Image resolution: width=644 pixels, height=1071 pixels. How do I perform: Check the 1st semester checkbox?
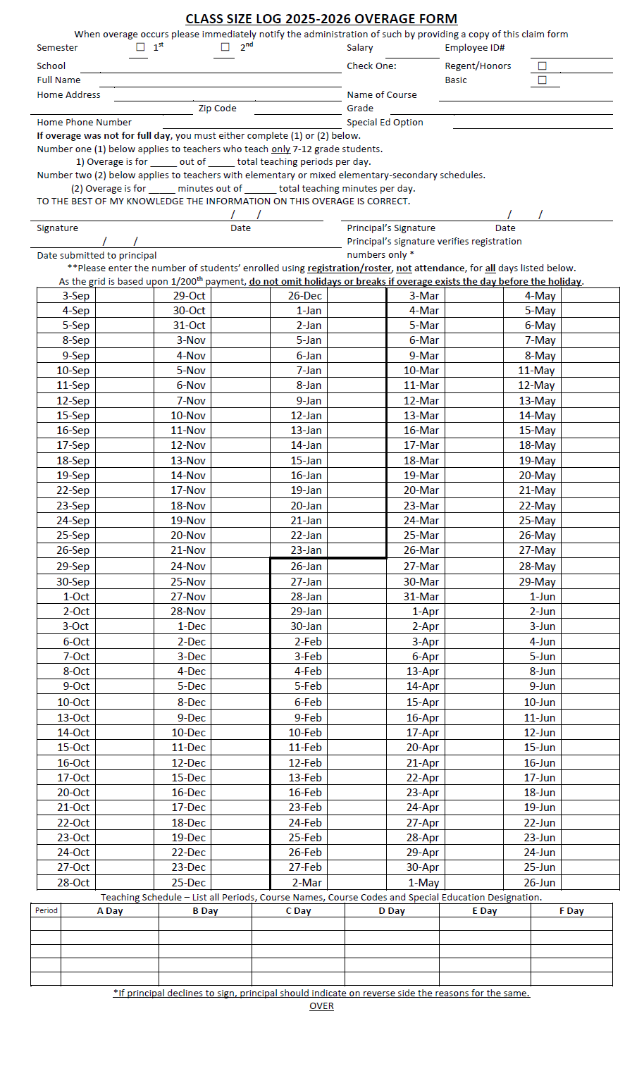pos(140,47)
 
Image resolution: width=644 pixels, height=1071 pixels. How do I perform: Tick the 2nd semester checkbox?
pos(225,47)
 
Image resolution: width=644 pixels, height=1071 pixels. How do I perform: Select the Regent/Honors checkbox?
pos(542,66)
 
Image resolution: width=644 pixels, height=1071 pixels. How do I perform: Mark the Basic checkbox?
pos(542,80)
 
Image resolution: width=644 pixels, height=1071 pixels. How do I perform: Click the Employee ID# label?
pos(474,47)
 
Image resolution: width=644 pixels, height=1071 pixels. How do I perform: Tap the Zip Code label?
pos(217,108)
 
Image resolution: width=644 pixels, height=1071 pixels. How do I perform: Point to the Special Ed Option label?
pos(385,122)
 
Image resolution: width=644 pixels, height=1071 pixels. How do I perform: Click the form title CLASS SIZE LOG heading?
pos(321,19)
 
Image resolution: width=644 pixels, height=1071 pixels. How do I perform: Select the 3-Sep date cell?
pos(75,296)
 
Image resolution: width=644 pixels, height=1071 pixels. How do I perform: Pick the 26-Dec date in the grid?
pos(304,296)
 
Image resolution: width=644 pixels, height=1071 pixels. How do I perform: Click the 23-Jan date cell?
pos(306,550)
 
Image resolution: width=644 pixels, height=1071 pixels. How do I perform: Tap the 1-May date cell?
pos(423,883)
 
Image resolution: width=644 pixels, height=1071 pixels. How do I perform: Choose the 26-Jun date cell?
pos(539,883)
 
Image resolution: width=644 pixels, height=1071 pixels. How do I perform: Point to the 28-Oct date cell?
pos(73,883)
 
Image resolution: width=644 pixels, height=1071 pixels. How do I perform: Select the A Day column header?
pos(110,910)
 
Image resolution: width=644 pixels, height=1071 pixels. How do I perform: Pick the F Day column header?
pos(571,910)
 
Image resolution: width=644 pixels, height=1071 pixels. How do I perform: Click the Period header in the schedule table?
pos(46,910)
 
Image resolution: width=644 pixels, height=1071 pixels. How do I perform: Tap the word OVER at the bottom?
pos(321,1005)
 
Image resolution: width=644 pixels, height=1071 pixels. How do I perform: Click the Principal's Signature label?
pos(391,228)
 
